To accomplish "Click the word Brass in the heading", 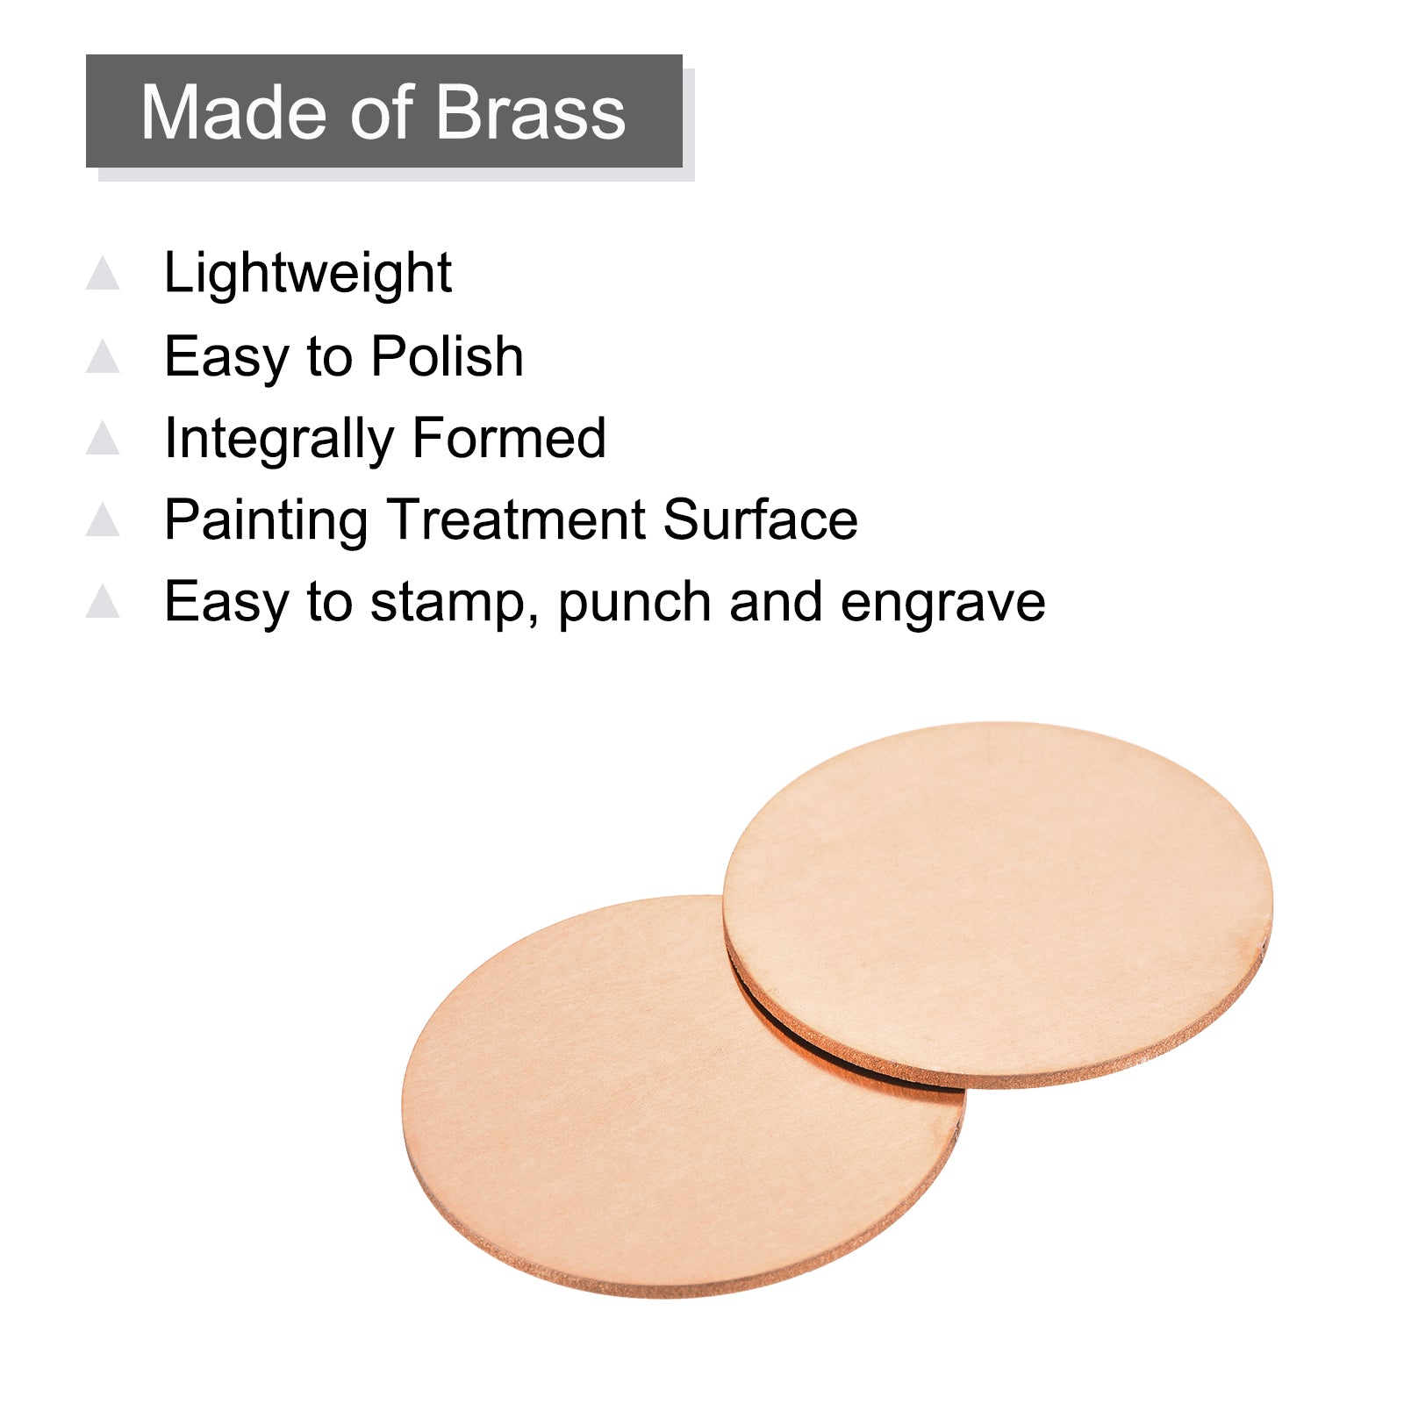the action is [x=530, y=112].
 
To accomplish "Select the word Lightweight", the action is [x=308, y=274].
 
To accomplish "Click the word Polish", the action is [x=448, y=356].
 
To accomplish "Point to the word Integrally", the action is [x=279, y=439].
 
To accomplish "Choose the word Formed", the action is [x=509, y=438].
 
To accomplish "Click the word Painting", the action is [x=266, y=520].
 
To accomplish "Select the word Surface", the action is [x=761, y=519].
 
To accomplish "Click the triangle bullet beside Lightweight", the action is [x=103, y=273].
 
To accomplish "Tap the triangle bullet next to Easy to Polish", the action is [x=103, y=355].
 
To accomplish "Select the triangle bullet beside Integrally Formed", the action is [x=103, y=438].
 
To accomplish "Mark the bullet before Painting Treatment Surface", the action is [x=103, y=519].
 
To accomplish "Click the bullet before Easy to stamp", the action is [x=103, y=601].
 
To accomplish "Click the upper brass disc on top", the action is [x=998, y=905].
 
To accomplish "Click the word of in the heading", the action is [x=383, y=112].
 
